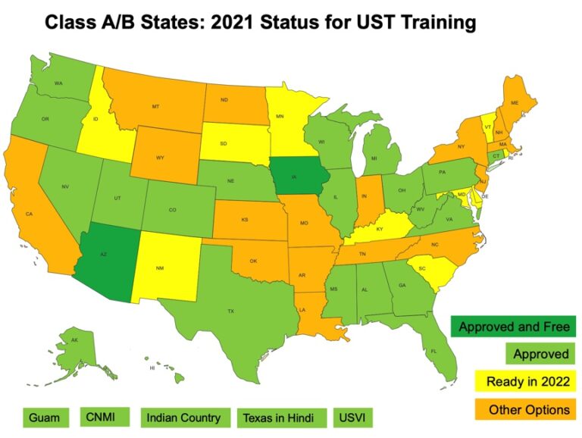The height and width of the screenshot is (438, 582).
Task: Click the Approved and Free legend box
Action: coord(513,327)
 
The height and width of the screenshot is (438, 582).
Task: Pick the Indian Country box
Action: coord(183,417)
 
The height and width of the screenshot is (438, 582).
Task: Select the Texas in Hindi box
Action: coord(282,418)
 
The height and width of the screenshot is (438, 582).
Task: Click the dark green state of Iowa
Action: coord(297,179)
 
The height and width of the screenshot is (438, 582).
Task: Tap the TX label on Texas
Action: coord(231,311)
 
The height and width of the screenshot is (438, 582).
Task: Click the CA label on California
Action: coord(29,214)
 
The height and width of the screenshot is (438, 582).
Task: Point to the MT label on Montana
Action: coord(155,107)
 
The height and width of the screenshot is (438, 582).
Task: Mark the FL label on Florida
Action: coord(433,352)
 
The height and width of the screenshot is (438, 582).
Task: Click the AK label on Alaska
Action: coord(74,341)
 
